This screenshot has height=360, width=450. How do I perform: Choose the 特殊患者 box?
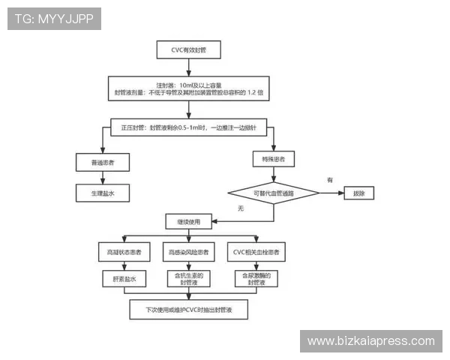point(273,159)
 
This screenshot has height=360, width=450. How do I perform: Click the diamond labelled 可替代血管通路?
point(273,193)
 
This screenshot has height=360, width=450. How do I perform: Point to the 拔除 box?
point(358,193)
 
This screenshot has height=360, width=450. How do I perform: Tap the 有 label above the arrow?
point(328,180)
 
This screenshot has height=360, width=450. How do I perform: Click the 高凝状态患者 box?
point(124,250)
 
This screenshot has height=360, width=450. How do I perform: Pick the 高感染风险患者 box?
point(188,250)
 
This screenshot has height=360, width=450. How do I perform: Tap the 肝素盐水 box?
point(124,278)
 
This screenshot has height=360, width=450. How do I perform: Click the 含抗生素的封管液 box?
point(188,278)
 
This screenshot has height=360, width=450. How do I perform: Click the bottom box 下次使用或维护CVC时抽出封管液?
point(187,309)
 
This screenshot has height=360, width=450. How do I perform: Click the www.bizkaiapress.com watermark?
point(371,341)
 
